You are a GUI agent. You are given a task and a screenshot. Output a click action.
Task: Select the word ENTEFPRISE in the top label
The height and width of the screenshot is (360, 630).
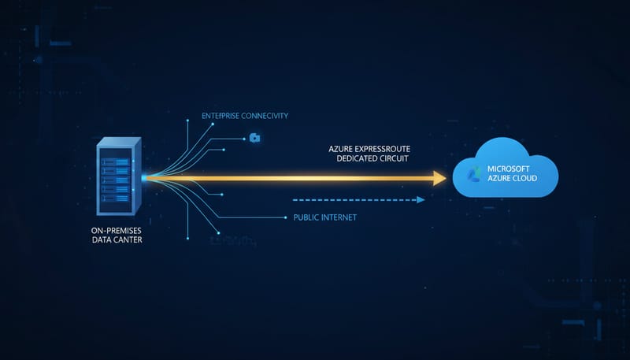click(x=223, y=116)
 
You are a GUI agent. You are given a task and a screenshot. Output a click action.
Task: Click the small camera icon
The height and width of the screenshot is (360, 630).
click(x=254, y=138)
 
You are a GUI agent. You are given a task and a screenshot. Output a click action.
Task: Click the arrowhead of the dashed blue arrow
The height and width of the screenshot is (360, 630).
click(x=421, y=199)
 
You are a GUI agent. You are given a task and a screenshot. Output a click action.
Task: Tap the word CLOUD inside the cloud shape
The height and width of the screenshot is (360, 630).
click(x=523, y=179)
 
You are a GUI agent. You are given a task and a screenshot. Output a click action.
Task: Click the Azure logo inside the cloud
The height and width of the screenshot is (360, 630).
click(x=474, y=174)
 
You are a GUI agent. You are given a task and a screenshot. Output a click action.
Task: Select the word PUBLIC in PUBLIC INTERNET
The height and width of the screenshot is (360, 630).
click(x=308, y=217)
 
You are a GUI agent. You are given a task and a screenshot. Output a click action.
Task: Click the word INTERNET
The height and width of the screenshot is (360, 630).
click(x=341, y=217)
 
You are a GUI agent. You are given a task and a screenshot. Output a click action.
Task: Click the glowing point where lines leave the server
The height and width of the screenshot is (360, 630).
click(x=144, y=177)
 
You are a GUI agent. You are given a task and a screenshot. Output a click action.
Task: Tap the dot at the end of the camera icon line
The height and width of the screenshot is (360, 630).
click(x=243, y=138)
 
